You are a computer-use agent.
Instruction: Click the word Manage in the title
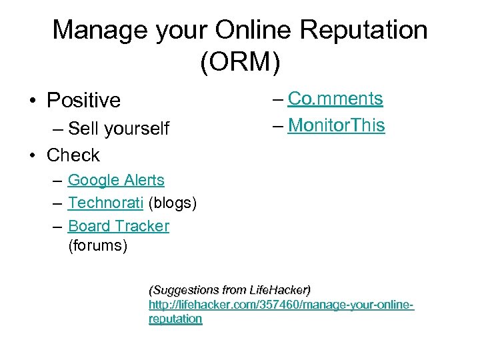[x=99, y=30]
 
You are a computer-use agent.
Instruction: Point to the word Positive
[x=83, y=101]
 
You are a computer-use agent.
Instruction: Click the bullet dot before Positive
[x=31, y=101]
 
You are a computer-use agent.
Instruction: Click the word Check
[x=73, y=155]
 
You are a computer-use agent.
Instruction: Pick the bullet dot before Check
[x=31, y=156]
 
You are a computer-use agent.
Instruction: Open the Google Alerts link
[x=116, y=180]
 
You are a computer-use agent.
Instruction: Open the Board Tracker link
[x=119, y=226]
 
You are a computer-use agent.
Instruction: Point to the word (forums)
[x=97, y=246]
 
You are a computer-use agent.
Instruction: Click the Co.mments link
[x=335, y=99]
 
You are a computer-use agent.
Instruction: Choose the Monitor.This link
[x=336, y=125]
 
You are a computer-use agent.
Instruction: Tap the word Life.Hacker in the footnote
[x=278, y=290]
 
